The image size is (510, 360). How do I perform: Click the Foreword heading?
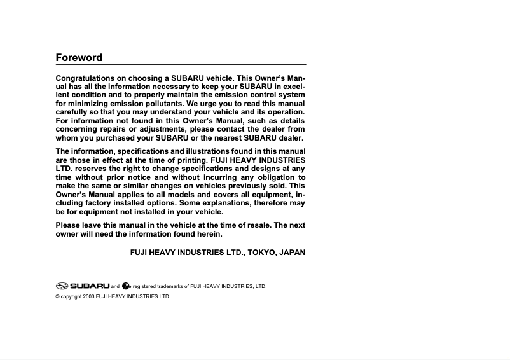79,57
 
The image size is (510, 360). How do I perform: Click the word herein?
207,234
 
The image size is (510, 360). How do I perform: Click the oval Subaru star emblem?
62,286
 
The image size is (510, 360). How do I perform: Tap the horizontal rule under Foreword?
181,65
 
